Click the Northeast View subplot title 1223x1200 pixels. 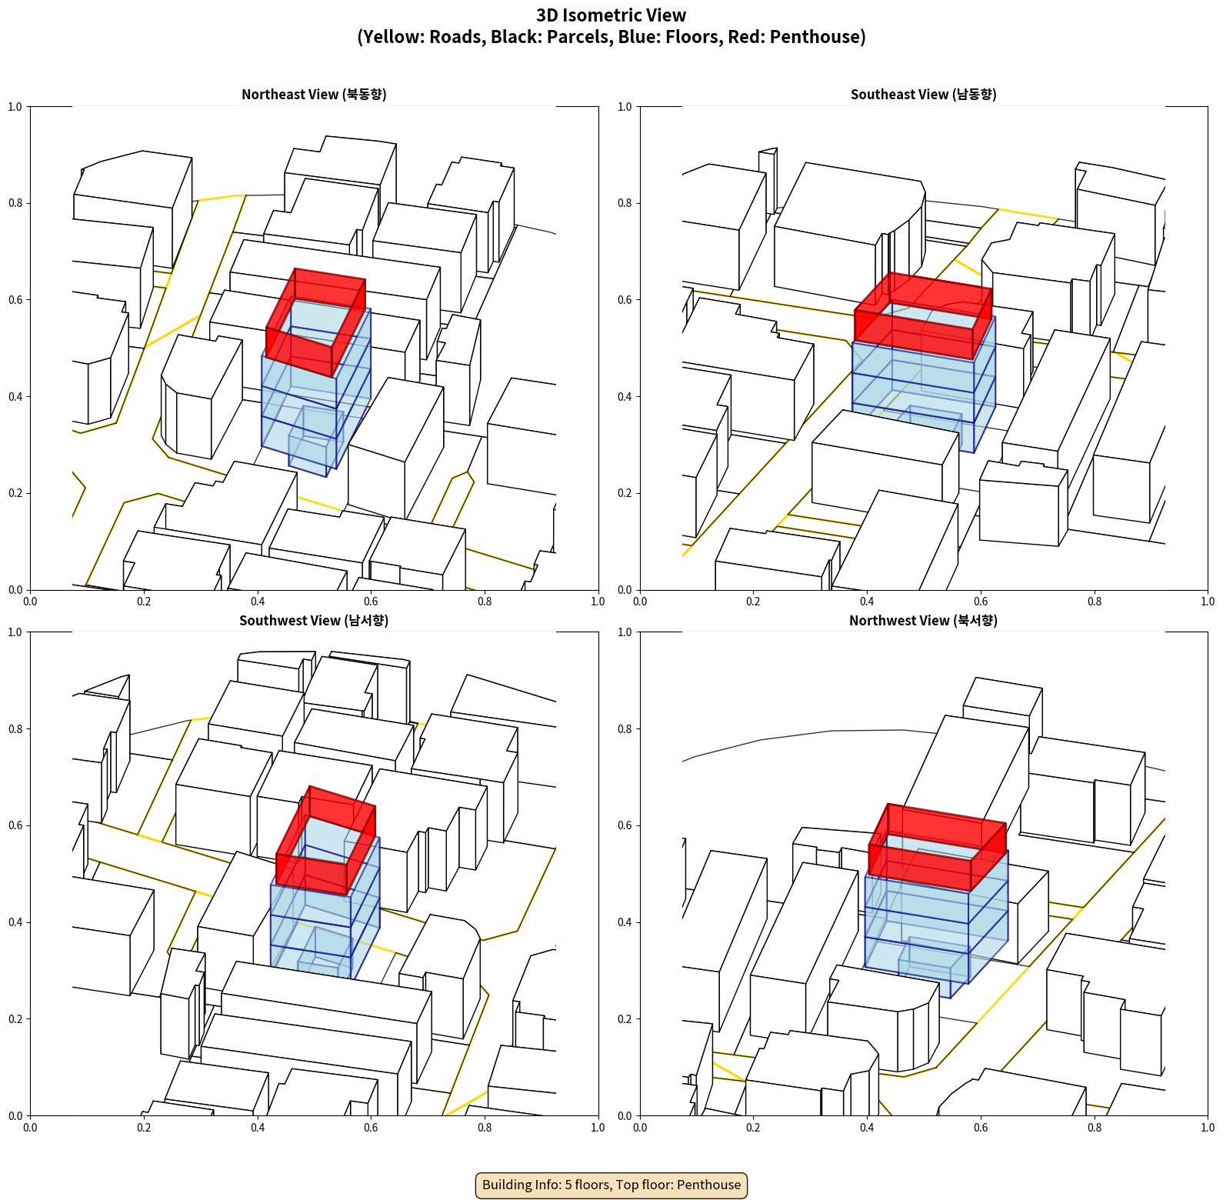[x=314, y=94]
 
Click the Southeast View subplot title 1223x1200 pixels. [x=923, y=94]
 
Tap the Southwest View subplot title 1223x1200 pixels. [x=314, y=620]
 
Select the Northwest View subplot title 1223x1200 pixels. [x=923, y=620]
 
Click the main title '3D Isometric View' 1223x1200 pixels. [x=611, y=15]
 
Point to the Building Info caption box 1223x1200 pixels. [x=611, y=1185]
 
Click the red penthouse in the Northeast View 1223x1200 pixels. [x=315, y=323]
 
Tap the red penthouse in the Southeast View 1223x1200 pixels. [x=923, y=315]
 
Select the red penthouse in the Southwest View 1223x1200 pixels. [x=326, y=840]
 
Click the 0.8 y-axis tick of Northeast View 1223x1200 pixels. [x=15, y=203]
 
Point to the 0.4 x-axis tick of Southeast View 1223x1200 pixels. [x=867, y=602]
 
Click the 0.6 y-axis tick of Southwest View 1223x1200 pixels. [x=15, y=825]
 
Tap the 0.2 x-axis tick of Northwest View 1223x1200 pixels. [x=753, y=1128]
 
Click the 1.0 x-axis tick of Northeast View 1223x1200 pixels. [x=598, y=602]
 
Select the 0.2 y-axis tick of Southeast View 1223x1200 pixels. [x=625, y=493]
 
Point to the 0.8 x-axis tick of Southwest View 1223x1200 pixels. [x=485, y=1128]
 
